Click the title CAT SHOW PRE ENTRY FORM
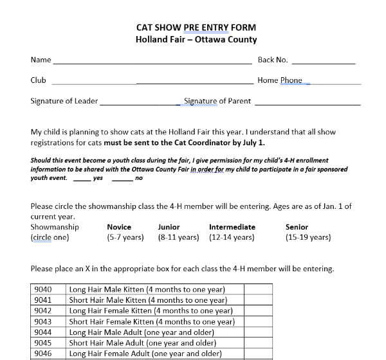click(x=196, y=28)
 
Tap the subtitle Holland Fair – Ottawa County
click(x=196, y=39)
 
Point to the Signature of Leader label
click(x=64, y=101)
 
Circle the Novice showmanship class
click(x=119, y=227)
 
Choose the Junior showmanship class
click(x=169, y=227)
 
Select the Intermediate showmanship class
click(x=232, y=227)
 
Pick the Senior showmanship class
click(x=297, y=227)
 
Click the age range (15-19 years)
click(x=308, y=237)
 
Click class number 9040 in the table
click(x=42, y=290)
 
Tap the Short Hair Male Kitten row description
click(x=147, y=300)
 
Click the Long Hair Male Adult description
click(x=145, y=332)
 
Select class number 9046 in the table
click(x=42, y=354)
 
